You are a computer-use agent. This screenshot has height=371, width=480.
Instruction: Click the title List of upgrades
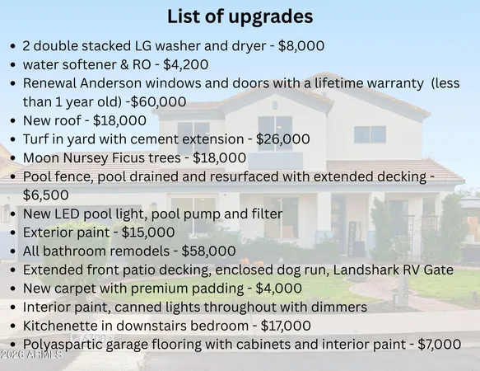click(240, 16)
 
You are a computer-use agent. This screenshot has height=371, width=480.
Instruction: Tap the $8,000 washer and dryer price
click(301, 46)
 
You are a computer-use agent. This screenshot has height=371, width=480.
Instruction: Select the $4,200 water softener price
click(186, 64)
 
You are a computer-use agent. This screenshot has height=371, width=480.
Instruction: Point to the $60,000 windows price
click(158, 102)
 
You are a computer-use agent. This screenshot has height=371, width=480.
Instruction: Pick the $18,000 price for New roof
click(119, 120)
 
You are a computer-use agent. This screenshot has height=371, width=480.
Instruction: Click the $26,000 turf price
click(283, 139)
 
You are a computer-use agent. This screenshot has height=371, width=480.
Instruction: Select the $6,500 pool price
click(46, 195)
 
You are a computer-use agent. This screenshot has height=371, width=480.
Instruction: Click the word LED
click(68, 214)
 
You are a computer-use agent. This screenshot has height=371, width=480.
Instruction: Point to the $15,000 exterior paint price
click(148, 232)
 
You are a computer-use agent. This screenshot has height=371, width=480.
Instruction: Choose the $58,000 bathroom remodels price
click(209, 251)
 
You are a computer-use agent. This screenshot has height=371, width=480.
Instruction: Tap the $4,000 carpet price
click(279, 289)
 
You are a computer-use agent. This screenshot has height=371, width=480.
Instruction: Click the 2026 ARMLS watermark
click(31, 355)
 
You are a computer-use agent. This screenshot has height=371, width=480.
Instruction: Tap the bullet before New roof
click(12, 121)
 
